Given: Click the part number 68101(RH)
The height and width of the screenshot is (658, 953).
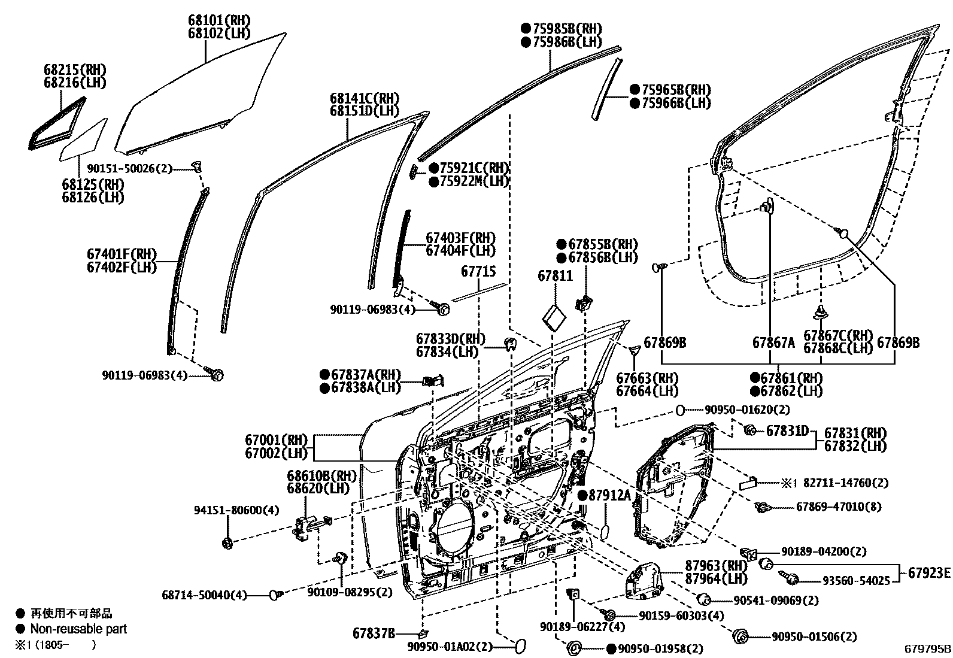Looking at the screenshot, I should point(219,20).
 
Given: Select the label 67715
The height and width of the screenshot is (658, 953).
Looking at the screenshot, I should point(478,271).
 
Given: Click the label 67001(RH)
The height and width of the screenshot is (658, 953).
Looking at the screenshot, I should point(276,440).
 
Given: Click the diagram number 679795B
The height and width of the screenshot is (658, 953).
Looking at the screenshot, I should point(927,648).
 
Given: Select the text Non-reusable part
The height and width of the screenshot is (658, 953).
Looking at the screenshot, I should point(78,629).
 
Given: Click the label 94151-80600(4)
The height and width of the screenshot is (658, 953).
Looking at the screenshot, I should point(227,510).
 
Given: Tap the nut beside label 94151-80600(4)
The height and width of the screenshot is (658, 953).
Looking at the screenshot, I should point(227,543).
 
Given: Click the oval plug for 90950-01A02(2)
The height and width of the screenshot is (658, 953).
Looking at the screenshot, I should point(520,646).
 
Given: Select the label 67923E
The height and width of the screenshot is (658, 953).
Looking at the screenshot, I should point(928,573).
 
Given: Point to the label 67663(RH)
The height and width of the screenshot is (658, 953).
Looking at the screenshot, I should point(647,378).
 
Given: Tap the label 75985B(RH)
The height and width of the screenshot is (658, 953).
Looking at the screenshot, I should point(561,29).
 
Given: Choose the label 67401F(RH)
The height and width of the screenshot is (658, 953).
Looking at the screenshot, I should point(122,254).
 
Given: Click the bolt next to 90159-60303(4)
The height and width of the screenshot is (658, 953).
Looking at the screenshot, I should point(609,615).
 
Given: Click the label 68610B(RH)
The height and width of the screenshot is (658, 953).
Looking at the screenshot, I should point(321,476).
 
